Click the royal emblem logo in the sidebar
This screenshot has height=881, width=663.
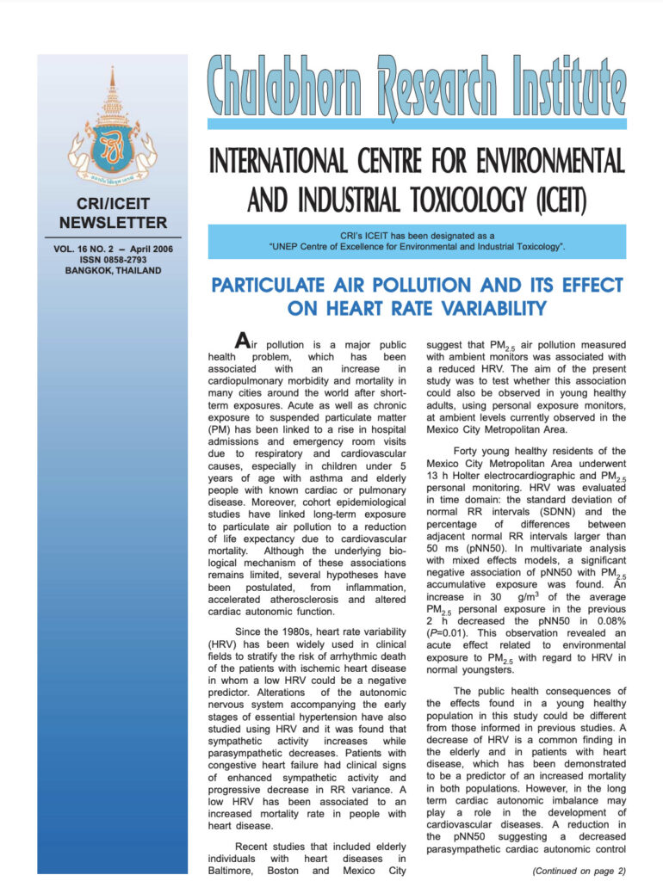(x=112, y=129)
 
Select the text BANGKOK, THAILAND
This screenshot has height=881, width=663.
(x=112, y=271)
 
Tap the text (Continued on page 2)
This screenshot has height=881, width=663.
(x=579, y=870)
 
